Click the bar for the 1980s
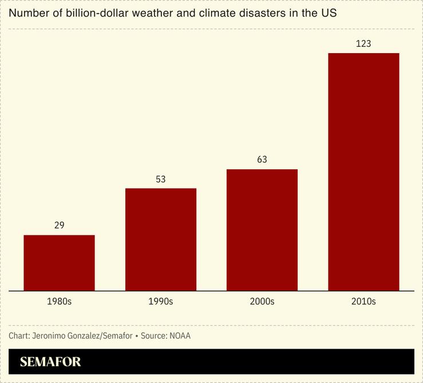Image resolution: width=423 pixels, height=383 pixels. click(x=59, y=262)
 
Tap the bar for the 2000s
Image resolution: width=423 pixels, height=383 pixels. click(x=262, y=230)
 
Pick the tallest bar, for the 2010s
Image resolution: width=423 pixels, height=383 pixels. click(x=363, y=171)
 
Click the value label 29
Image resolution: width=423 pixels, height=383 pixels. click(x=59, y=225)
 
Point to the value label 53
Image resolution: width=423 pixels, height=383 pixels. click(x=161, y=179)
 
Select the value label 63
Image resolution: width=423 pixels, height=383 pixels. click(x=262, y=159)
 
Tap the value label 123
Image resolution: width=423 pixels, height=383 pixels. click(x=363, y=43)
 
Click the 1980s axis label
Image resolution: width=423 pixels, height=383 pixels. click(x=59, y=301)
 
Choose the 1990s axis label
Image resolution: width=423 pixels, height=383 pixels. click(x=161, y=301)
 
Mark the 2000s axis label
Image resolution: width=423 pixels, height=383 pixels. click(x=262, y=301)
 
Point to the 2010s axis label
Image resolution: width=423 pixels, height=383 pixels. click(x=363, y=301)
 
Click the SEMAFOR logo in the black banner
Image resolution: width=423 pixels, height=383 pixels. click(x=50, y=362)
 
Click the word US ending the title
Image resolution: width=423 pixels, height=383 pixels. click(x=329, y=13)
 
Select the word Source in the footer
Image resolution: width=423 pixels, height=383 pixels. click(x=153, y=336)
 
